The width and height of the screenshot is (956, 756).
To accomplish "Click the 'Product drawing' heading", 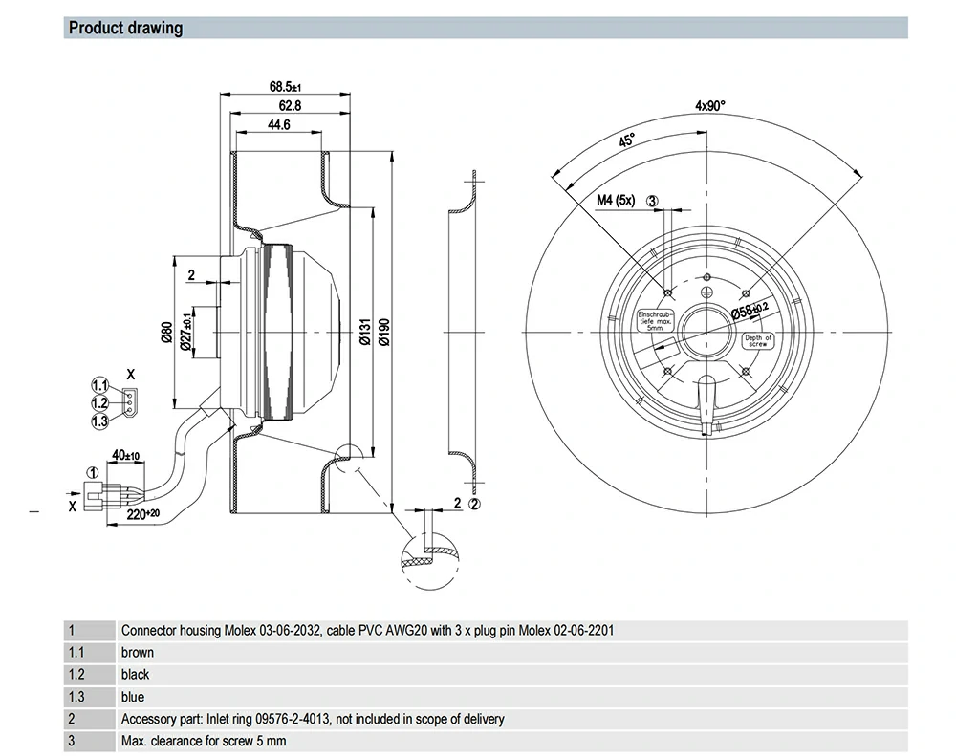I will click(125, 28).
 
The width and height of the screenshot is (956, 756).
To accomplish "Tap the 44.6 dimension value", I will click(279, 125).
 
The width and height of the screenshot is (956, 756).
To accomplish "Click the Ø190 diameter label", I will click(385, 331).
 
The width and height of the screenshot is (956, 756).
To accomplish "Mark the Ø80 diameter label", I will click(165, 333).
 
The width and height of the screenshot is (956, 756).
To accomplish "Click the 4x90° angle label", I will click(709, 106).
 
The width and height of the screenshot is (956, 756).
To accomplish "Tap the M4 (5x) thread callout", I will click(616, 201).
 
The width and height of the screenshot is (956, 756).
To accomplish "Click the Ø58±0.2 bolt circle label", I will click(750, 311).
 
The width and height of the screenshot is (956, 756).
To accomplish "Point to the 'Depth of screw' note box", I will click(758, 342).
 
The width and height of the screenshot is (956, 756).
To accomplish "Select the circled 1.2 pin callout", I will click(100, 402).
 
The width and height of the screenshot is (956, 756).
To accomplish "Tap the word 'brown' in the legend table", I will click(138, 653).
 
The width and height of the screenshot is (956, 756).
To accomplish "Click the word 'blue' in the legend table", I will click(133, 697).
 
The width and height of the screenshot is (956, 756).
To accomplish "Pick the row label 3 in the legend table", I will click(71, 741).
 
